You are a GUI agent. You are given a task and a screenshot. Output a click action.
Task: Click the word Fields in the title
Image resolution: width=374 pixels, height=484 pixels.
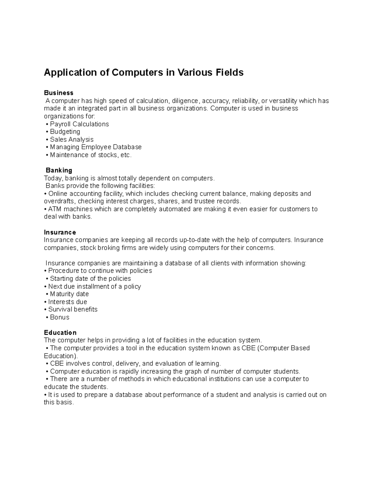point(229,73)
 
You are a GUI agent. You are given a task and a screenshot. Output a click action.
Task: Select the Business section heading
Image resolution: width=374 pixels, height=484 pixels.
point(59,93)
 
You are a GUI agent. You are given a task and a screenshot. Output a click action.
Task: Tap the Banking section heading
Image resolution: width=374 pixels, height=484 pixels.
point(59,170)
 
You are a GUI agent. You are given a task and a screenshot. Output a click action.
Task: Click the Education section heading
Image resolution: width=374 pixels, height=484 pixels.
point(60,333)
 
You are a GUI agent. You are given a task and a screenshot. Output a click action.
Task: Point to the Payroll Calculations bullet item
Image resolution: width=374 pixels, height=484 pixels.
point(79,124)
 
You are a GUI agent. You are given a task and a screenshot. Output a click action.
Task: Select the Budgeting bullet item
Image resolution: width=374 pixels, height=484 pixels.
point(65,132)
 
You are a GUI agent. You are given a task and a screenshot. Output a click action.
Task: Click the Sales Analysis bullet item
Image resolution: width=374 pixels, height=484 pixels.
point(71,140)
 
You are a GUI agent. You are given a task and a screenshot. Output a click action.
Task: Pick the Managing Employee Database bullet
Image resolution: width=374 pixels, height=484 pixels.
point(95,147)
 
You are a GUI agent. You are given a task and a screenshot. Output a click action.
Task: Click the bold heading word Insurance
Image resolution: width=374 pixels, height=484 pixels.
point(60,232)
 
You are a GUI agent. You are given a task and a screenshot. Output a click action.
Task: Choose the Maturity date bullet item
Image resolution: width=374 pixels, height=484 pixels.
point(69,294)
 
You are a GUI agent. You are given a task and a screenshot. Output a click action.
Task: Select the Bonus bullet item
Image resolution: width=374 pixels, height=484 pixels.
point(60,317)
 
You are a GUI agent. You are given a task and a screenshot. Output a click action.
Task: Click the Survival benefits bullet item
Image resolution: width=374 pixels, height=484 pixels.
point(73,309)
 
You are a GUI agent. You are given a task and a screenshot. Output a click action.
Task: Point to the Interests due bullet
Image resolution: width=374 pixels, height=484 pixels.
point(67,302)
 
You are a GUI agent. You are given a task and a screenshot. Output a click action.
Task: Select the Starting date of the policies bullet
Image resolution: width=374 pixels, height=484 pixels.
point(90,279)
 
